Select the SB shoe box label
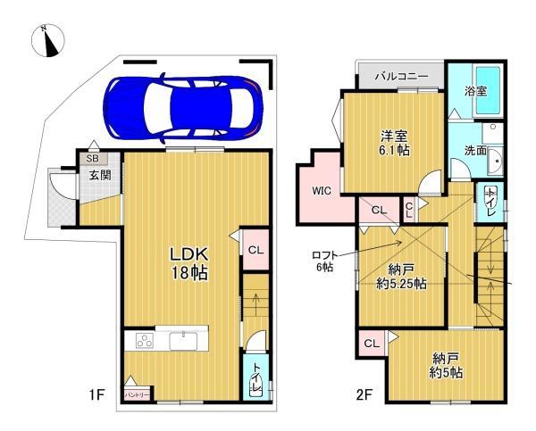click(x=93, y=159)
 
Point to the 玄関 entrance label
click(x=99, y=175)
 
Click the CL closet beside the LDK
click(x=254, y=250)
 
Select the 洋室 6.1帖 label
click(x=395, y=144)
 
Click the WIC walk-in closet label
click(x=322, y=190)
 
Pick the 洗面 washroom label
click(x=474, y=151)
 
